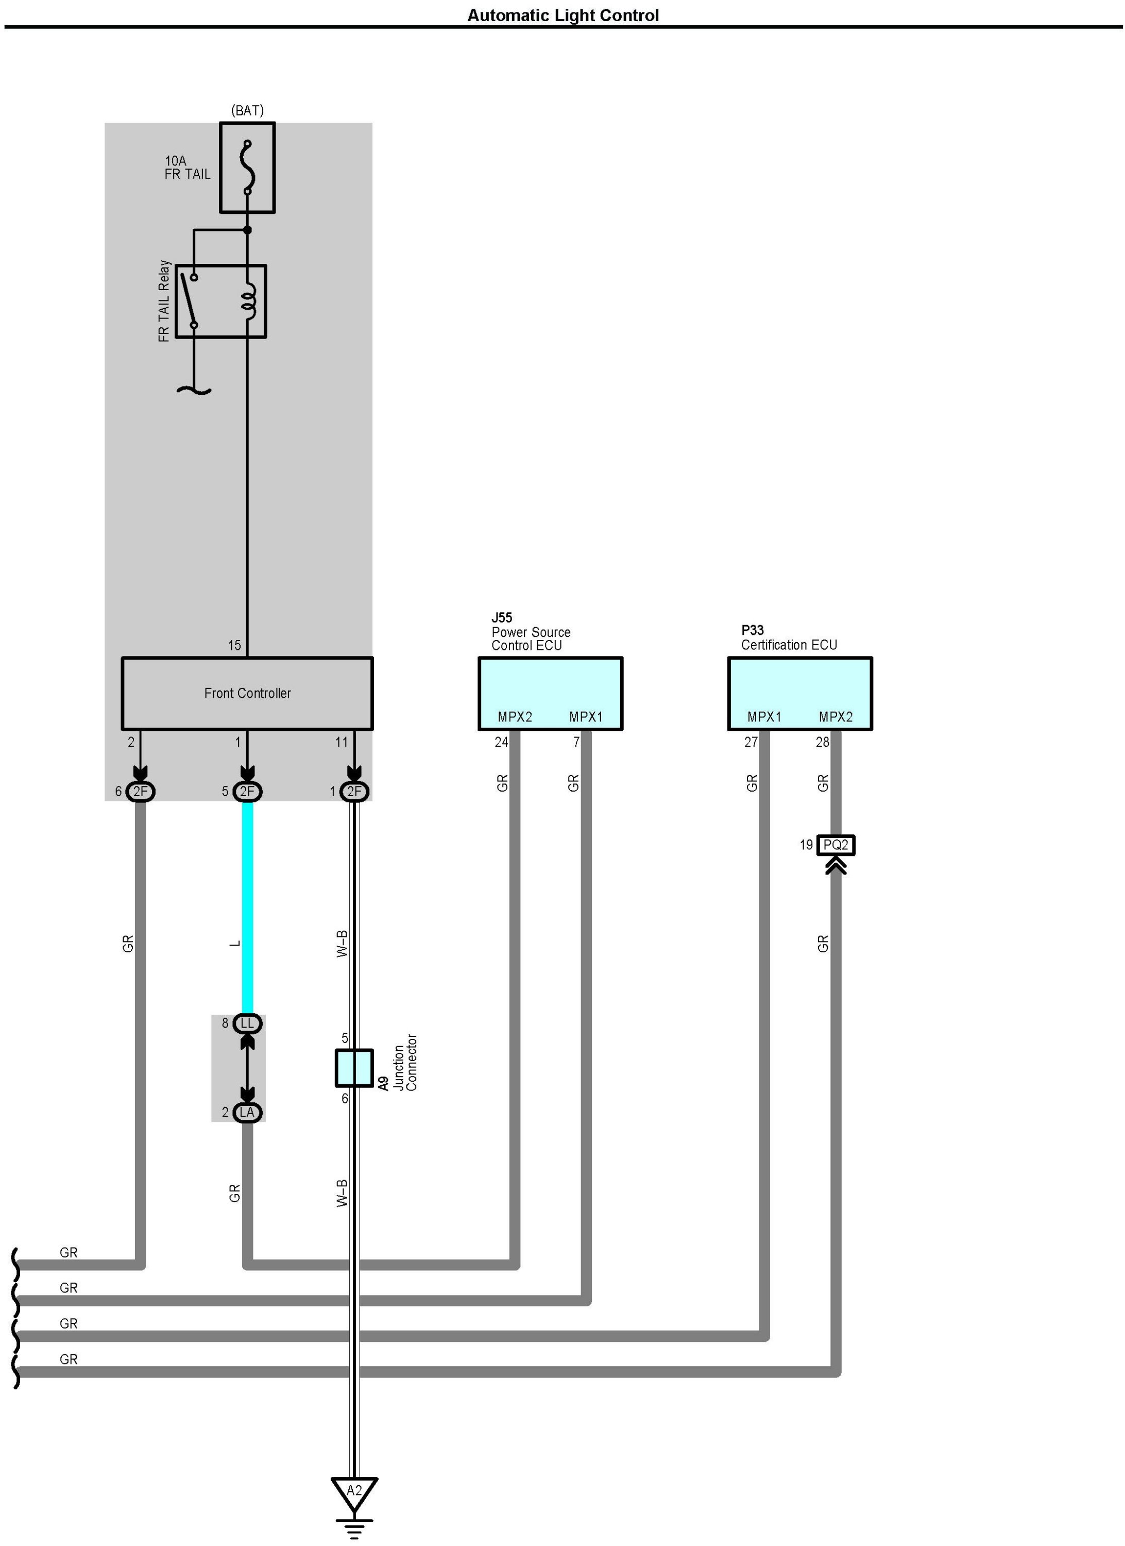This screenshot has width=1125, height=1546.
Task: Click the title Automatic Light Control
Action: (563, 15)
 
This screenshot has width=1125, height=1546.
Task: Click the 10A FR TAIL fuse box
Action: (247, 167)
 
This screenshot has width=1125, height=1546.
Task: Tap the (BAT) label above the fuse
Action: (247, 110)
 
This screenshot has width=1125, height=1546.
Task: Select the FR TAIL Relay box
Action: (221, 301)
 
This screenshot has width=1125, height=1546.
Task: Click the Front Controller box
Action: (247, 693)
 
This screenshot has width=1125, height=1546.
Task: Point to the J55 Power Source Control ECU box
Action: (550, 693)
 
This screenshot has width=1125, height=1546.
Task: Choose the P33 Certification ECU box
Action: (800, 693)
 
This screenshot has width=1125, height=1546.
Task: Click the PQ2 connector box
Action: (836, 845)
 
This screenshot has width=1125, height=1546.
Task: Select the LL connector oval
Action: (247, 1023)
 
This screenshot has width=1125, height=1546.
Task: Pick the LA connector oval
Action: (247, 1113)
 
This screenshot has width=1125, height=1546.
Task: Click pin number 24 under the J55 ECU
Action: (502, 742)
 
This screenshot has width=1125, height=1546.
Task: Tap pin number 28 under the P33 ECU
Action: (823, 742)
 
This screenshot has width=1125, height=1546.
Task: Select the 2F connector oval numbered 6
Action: (141, 792)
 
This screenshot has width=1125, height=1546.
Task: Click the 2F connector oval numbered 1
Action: (354, 792)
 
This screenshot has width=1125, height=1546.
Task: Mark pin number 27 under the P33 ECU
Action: (751, 742)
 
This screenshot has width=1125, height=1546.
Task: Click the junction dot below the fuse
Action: (247, 230)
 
